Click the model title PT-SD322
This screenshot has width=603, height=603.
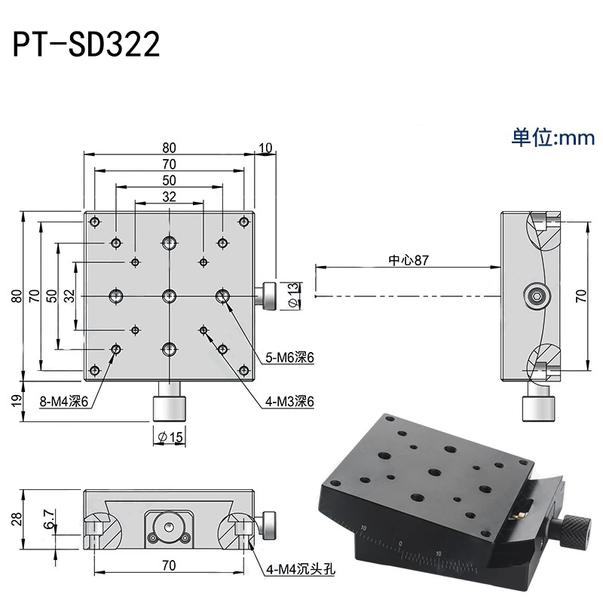86,44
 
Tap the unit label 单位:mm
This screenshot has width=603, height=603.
553,137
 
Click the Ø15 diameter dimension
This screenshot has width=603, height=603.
170,436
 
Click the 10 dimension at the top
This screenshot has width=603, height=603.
265,148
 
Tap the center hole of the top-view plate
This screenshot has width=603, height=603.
169,295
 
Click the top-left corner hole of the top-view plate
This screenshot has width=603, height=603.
94,222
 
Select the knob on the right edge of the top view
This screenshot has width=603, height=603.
269,295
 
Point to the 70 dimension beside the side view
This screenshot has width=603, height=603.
580,295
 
